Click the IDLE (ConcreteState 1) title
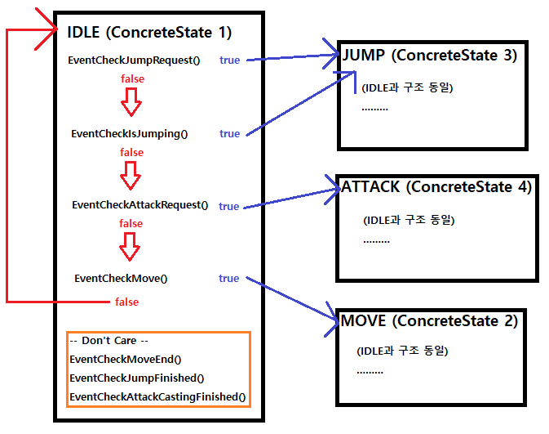point(149,32)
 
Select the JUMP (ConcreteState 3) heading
point(430,55)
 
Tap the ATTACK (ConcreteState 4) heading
point(436,187)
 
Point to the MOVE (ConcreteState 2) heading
point(429,320)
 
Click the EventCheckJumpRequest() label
point(134,60)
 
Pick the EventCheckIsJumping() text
point(130,134)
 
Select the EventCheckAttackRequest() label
point(140,205)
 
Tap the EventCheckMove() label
point(121,279)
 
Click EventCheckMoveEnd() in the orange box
point(126,360)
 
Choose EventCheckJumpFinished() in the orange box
point(137,378)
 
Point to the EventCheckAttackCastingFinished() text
point(157,396)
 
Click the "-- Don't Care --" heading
point(108,341)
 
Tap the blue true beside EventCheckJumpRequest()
point(230,60)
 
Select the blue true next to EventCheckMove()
point(229,278)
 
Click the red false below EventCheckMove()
point(126,302)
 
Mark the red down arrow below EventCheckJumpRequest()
point(131,101)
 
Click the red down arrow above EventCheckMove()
point(130,247)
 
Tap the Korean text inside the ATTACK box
point(409,220)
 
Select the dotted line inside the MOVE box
point(370,372)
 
